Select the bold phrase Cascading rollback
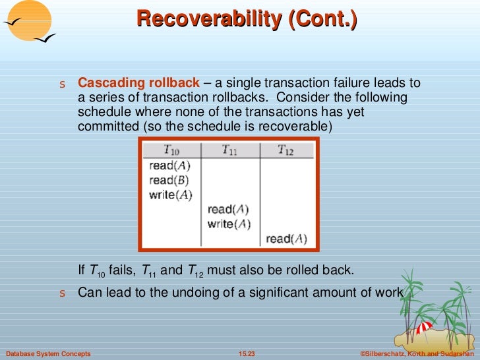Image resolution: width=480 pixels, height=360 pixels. [x=138, y=83]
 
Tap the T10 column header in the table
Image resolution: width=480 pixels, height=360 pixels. [x=170, y=151]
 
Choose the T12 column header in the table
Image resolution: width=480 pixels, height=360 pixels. [x=285, y=151]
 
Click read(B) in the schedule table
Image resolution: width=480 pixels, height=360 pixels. [x=169, y=181]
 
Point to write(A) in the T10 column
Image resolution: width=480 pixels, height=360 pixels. [x=171, y=195]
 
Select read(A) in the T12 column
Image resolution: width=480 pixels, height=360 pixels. [x=286, y=239]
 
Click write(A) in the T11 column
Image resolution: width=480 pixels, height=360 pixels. [x=229, y=224]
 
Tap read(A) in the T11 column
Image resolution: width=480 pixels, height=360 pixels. [x=229, y=210]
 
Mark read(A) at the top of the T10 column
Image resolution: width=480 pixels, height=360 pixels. [x=169, y=166]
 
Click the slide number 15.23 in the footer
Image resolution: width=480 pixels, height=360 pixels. [x=247, y=354]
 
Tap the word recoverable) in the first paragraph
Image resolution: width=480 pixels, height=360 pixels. [x=303, y=126]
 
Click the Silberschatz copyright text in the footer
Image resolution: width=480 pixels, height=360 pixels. [x=417, y=354]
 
